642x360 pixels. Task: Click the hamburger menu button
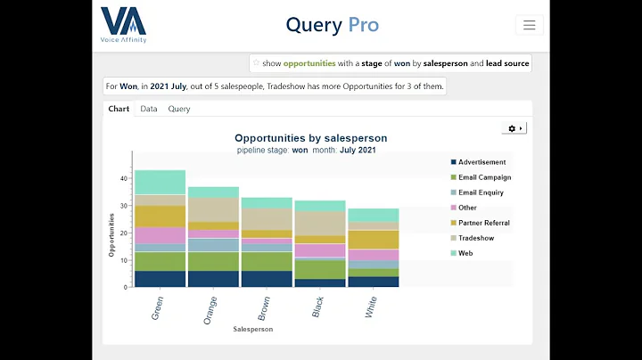coord(529,25)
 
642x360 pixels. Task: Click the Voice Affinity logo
coord(124,25)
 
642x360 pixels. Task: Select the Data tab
coord(149,109)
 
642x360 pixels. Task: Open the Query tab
coord(179,109)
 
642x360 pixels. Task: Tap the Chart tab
coord(119,109)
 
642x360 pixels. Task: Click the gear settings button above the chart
coord(514,128)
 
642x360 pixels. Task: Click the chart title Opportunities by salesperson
coord(310,138)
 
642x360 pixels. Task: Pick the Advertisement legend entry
coord(481,162)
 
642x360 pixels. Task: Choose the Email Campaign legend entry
coord(484,177)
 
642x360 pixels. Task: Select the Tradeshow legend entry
coord(477,238)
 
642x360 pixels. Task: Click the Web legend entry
coord(465,253)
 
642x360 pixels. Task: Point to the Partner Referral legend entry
coord(484,223)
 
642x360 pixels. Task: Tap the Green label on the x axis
coord(158,306)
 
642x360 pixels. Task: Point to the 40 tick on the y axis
coord(124,178)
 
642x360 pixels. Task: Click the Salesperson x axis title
coord(253,329)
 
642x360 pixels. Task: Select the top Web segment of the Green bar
coord(160,182)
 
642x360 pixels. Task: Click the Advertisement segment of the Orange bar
coord(213,279)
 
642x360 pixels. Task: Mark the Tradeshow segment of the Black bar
coord(320,223)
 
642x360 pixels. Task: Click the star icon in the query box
coord(257,63)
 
